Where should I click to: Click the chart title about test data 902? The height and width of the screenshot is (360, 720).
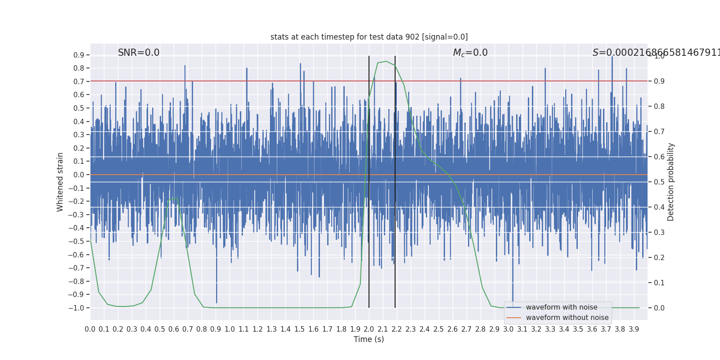tap(369, 37)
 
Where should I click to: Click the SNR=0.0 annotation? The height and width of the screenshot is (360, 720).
tap(139, 53)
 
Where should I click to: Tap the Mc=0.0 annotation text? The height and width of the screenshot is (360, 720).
tap(470, 53)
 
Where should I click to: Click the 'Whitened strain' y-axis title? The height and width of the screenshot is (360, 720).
tap(60, 182)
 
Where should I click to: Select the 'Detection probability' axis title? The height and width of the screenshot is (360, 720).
tap(671, 182)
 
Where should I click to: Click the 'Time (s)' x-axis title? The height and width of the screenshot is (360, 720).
tap(369, 339)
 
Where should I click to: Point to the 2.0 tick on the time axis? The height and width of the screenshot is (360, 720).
tap(369, 329)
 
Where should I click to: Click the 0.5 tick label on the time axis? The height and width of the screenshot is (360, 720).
tap(160, 329)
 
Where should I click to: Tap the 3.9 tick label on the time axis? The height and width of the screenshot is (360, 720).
tap(634, 329)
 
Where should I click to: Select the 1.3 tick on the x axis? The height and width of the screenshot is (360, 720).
tap(271, 329)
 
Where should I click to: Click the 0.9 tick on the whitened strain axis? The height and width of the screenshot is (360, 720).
tap(79, 55)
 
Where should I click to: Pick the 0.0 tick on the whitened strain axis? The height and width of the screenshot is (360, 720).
tap(79, 175)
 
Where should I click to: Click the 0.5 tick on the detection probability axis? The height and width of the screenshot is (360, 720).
tap(659, 182)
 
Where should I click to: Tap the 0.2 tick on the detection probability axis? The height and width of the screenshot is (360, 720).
tap(659, 257)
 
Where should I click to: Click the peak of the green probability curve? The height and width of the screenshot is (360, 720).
tap(386, 61)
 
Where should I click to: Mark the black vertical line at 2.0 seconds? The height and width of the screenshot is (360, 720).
tap(369, 180)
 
